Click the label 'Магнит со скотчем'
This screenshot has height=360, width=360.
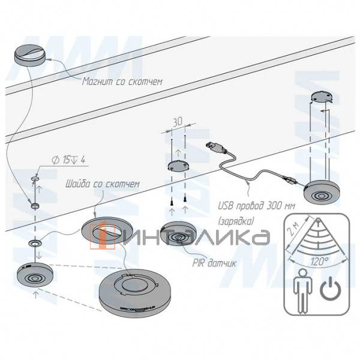pos(122,80)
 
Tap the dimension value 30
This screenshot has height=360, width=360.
pos(178,120)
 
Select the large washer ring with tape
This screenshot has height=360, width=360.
pos(108,229)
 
